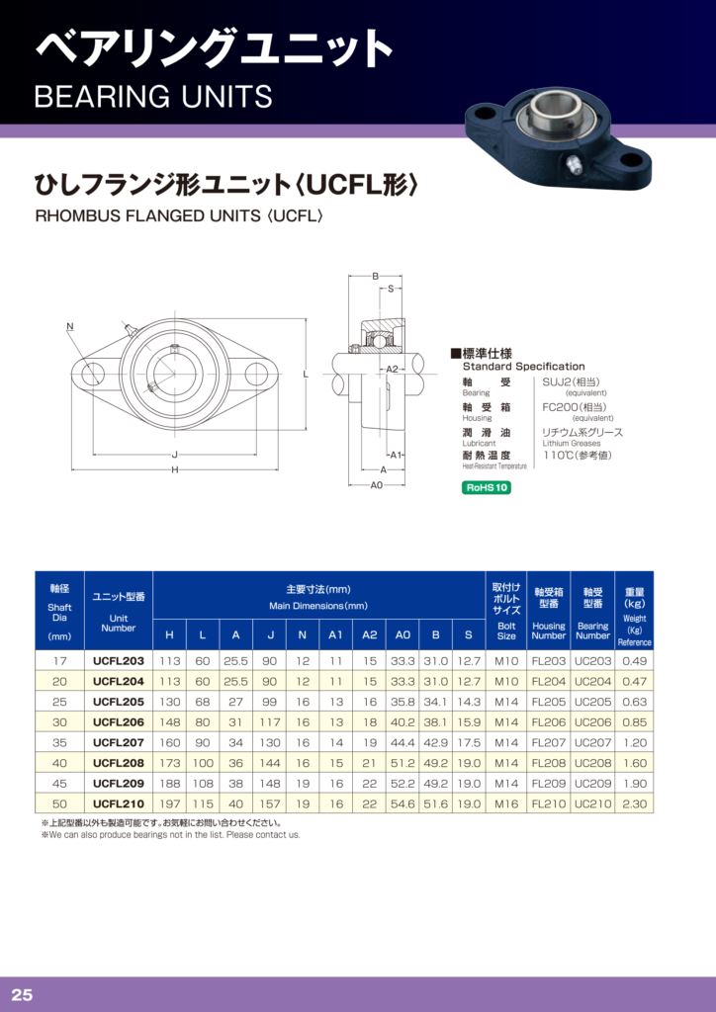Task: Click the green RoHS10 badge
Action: point(487,488)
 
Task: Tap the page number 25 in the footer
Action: point(22,994)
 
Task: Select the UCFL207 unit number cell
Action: point(119,742)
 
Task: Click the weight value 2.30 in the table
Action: point(634,804)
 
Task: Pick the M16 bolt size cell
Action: point(506,804)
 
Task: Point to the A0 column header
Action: point(403,635)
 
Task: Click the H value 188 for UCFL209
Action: point(169,784)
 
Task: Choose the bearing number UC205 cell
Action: point(592,702)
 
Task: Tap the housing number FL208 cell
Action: point(548,763)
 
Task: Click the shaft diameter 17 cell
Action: point(59,661)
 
